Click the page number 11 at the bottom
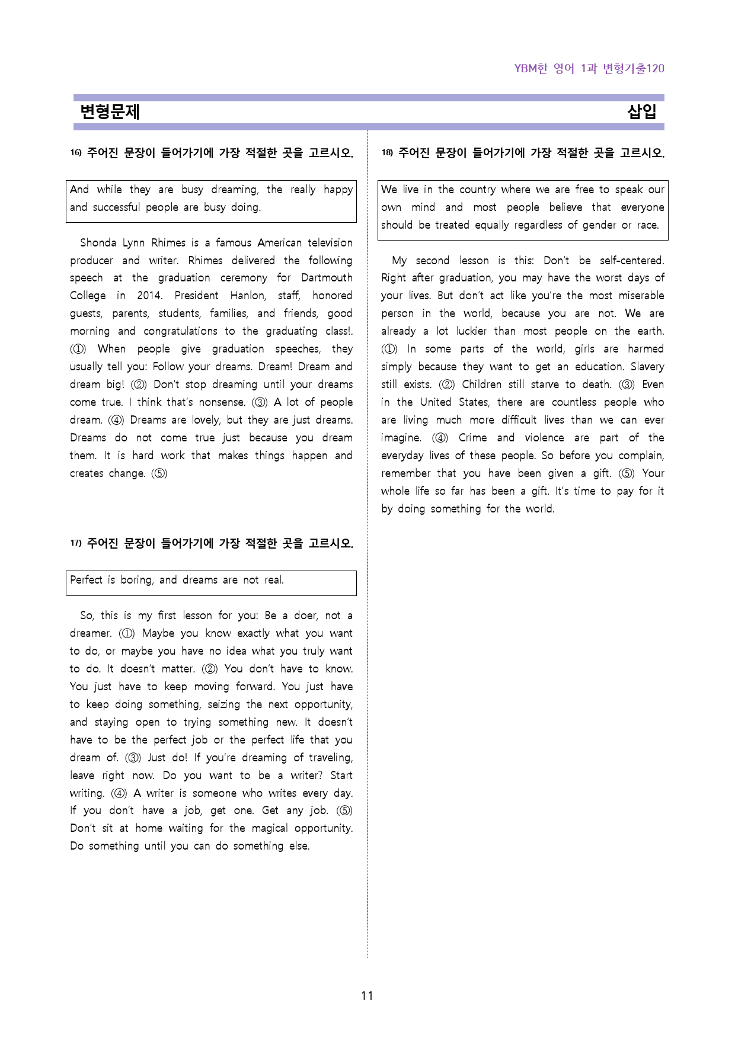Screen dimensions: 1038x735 (x=367, y=996)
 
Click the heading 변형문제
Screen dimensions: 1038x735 (x=110, y=112)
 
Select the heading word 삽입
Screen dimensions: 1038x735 (x=642, y=112)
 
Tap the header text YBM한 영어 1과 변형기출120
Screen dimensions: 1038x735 (x=589, y=69)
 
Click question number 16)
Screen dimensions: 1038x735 (x=76, y=153)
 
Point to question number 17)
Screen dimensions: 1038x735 (x=76, y=543)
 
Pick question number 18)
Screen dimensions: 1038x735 (x=387, y=153)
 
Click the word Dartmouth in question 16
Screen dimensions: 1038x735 (x=327, y=278)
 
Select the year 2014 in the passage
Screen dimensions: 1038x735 (x=149, y=296)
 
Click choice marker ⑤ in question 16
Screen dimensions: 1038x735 (x=159, y=473)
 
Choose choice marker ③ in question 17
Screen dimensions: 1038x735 (x=133, y=758)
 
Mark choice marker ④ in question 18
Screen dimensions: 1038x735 (x=440, y=438)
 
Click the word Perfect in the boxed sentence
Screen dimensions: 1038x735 (x=87, y=580)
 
